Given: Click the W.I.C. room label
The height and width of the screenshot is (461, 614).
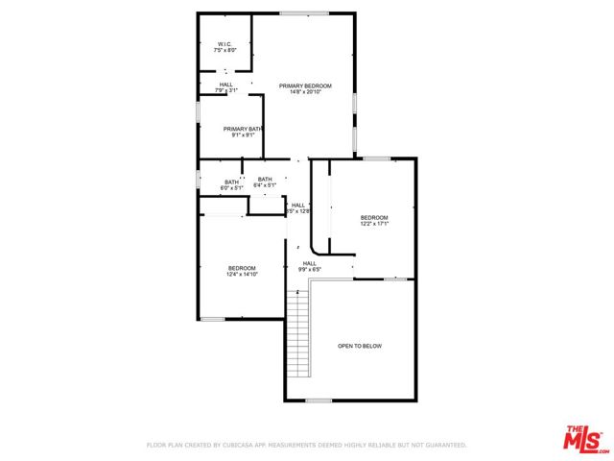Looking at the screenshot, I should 224,43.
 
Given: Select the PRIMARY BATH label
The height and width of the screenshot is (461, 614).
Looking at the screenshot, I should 242,129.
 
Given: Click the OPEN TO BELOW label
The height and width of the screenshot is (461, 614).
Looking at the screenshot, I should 360,346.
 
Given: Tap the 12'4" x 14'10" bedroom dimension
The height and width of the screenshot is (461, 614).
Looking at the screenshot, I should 242,275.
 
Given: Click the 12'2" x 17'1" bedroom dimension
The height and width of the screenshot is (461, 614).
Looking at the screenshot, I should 374,225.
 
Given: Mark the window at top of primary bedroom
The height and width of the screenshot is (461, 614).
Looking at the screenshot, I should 303,12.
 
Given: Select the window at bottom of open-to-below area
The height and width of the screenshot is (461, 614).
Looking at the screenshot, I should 319,400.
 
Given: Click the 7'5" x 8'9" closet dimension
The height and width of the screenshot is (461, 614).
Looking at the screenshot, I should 224,50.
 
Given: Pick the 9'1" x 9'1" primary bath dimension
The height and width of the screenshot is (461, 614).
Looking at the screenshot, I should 242,135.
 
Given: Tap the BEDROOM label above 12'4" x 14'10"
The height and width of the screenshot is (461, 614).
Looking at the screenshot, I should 242,268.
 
